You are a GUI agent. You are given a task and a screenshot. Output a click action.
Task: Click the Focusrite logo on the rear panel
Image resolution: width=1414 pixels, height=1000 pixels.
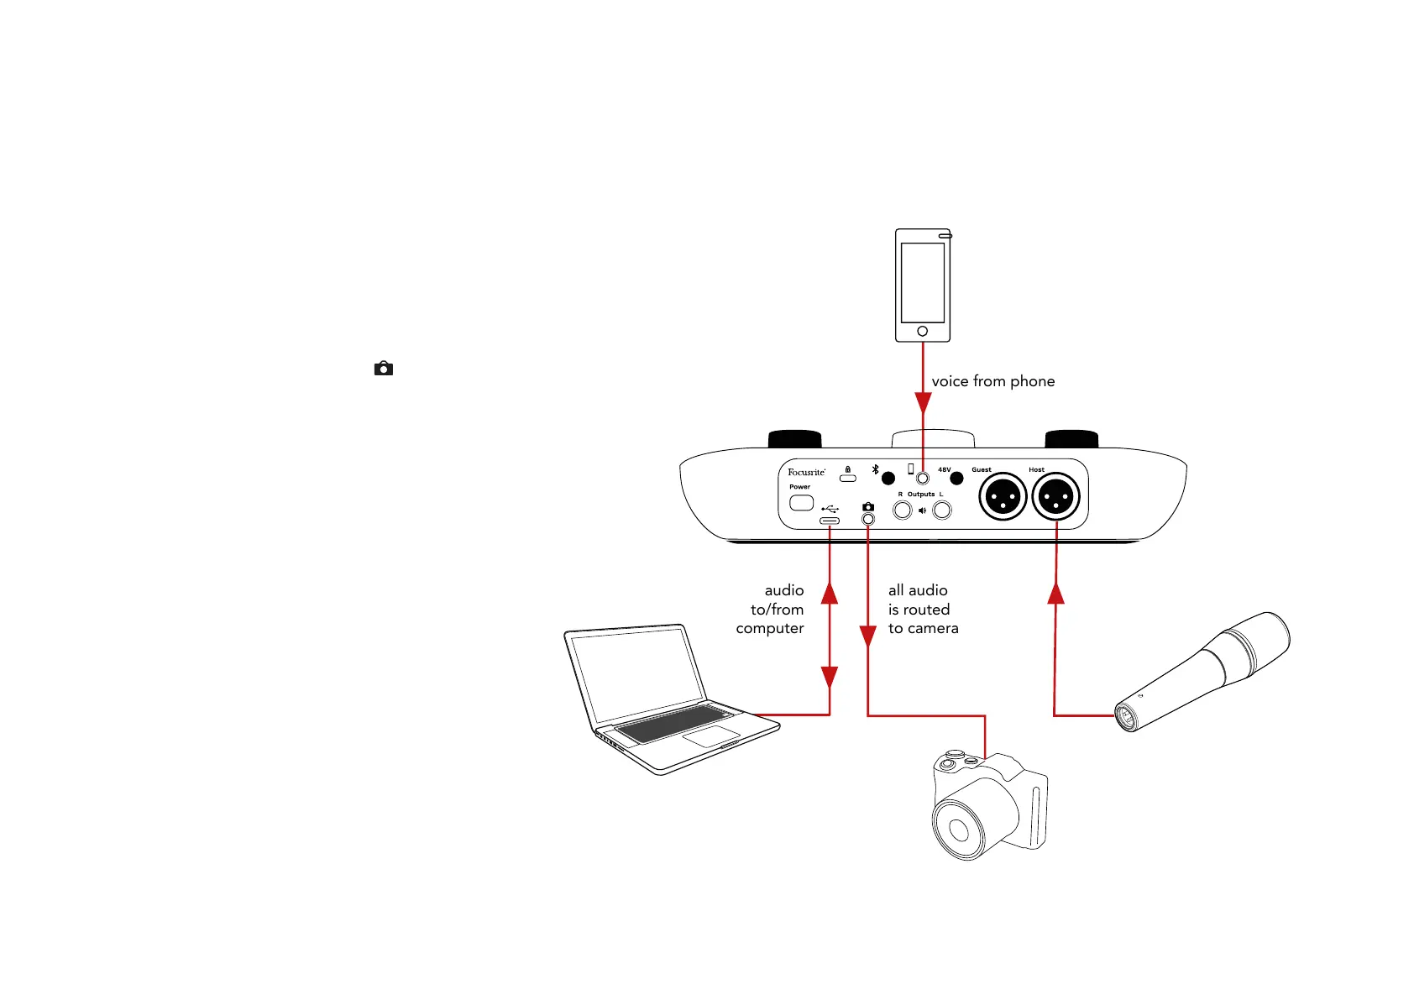[x=806, y=472]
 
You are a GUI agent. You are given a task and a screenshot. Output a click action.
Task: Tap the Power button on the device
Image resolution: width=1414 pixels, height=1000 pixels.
[x=802, y=503]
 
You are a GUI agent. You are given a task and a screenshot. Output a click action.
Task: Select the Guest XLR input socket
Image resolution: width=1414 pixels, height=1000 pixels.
[x=1003, y=497]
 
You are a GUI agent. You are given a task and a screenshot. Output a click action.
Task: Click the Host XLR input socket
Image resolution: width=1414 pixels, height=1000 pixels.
[x=1056, y=497]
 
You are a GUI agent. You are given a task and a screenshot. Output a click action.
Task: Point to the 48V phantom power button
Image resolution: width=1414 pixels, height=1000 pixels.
[x=956, y=479]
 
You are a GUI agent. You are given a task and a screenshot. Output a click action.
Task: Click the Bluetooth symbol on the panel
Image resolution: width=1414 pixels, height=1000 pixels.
[x=875, y=470]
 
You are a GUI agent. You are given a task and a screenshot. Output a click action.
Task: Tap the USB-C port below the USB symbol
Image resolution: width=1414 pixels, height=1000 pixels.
[x=830, y=521]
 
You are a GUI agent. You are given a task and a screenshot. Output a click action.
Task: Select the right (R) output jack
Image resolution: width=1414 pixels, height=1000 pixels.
[x=903, y=510]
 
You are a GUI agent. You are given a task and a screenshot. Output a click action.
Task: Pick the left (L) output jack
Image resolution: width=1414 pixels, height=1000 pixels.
[x=942, y=510]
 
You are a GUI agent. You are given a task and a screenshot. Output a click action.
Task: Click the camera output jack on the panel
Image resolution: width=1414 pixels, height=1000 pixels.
[x=868, y=519]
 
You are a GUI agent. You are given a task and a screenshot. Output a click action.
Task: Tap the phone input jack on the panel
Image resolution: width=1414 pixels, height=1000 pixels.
[x=923, y=478]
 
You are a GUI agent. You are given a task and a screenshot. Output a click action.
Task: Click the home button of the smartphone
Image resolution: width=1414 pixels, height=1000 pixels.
[x=922, y=331]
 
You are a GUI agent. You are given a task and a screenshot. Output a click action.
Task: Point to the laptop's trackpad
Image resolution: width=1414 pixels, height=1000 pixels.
[x=710, y=737]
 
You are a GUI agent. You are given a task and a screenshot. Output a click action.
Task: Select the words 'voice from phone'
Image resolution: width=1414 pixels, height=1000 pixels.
[x=992, y=381]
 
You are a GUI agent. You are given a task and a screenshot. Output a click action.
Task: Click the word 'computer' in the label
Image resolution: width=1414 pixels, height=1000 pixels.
[x=769, y=629]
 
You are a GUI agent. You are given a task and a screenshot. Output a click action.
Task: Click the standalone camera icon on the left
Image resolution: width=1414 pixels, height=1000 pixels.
[x=384, y=369]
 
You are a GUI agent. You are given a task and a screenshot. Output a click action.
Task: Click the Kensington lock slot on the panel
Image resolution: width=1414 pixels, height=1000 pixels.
[x=848, y=478]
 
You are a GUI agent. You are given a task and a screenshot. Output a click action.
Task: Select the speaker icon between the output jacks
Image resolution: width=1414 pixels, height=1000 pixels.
[x=922, y=510]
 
